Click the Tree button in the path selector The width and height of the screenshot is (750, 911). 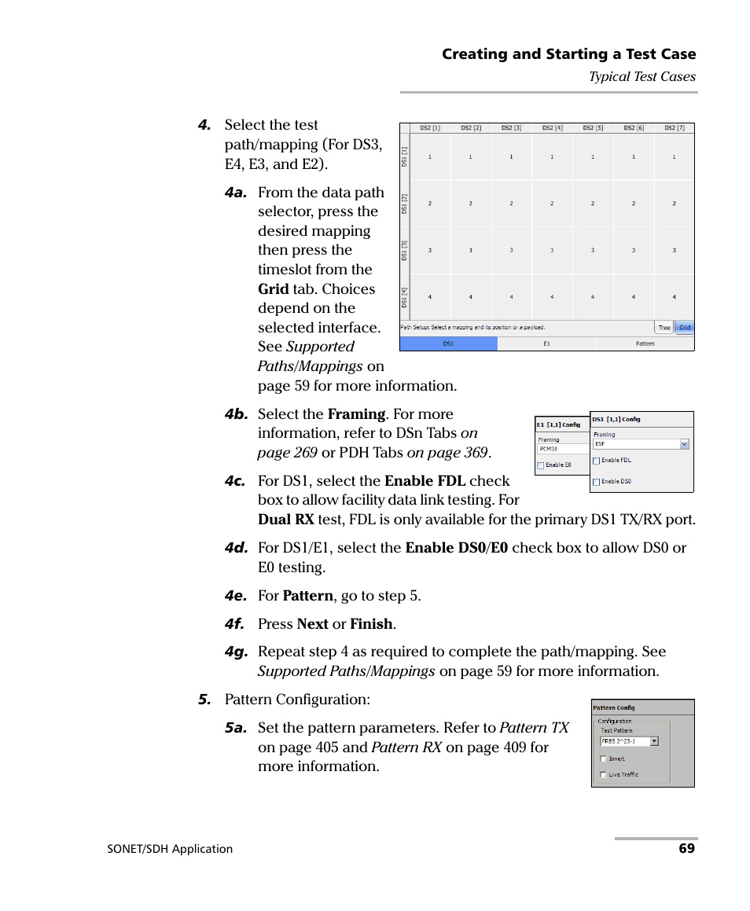[664, 328]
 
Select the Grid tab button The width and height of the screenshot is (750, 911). [685, 328]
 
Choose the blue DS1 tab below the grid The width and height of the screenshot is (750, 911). [448, 343]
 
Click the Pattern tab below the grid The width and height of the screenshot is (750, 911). [645, 343]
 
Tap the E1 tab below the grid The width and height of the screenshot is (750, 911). [546, 343]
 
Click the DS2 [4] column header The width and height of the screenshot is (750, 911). [552, 127]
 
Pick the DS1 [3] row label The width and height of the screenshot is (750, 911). [404, 251]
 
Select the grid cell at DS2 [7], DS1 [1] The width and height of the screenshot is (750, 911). [674, 157]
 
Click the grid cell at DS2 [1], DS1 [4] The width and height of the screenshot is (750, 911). [429, 297]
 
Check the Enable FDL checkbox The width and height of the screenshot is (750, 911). [597, 461]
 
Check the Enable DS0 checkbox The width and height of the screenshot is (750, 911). [597, 482]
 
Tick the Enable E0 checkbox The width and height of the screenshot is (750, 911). [541, 465]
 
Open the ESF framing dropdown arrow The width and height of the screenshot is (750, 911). [684, 444]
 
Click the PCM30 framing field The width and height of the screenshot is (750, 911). [562, 450]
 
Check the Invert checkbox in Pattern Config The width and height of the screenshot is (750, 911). [603, 759]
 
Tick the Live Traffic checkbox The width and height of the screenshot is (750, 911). [603, 774]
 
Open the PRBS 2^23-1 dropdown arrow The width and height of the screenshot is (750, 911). [654, 741]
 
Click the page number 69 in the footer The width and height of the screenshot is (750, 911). [686, 848]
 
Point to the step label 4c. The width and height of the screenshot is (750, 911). [235, 482]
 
